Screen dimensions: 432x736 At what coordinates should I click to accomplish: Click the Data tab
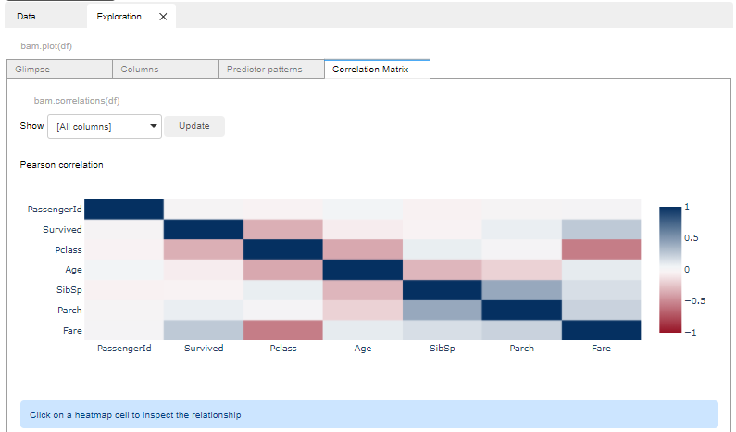(26, 16)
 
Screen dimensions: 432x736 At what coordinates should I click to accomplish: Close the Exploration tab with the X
(163, 16)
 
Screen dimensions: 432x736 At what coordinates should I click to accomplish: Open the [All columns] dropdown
(104, 126)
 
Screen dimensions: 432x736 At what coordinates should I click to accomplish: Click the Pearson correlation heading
(61, 165)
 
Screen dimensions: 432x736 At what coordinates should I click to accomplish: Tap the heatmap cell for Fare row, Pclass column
(283, 330)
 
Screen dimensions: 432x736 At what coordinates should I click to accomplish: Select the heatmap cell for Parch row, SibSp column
(441, 310)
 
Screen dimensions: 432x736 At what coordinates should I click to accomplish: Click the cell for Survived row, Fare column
(600, 229)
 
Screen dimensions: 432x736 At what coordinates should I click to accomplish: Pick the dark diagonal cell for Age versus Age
(362, 270)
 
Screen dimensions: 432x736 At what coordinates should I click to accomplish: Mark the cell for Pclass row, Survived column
(204, 249)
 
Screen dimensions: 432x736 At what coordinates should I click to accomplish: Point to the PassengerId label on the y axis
(56, 210)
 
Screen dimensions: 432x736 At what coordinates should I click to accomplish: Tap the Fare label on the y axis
(71, 330)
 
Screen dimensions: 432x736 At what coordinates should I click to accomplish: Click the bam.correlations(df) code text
(76, 100)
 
